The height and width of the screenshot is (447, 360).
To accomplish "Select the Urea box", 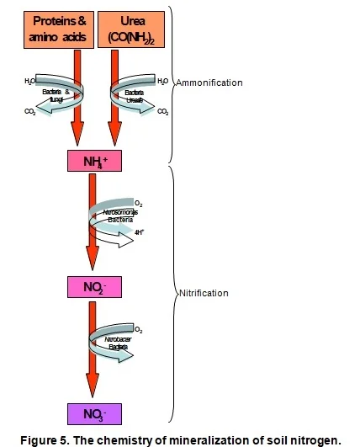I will [130, 29].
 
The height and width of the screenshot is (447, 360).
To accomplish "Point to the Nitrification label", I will [205, 294].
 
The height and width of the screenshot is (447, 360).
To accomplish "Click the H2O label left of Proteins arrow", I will [30, 82].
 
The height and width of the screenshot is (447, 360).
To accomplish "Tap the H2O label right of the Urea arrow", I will [163, 82].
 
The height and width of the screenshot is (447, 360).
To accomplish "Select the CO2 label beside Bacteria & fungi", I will [30, 110].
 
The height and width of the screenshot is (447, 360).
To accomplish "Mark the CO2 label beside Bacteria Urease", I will [163, 110].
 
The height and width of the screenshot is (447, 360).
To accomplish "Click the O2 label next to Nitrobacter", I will [140, 329].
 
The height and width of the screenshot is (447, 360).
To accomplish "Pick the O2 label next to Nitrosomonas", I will [139, 203].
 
